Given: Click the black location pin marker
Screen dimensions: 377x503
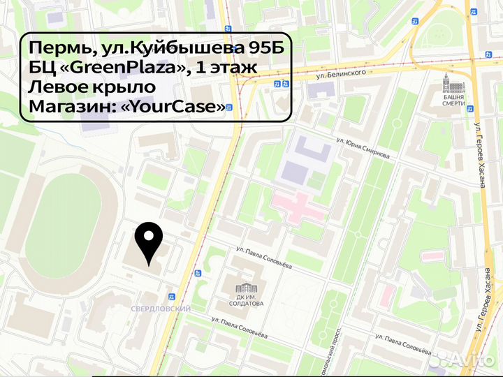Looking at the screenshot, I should tap(149, 242).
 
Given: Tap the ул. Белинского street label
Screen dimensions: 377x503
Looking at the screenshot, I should tap(342, 72).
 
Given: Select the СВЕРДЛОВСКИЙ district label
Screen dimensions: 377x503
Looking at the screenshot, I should tap(161, 308).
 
